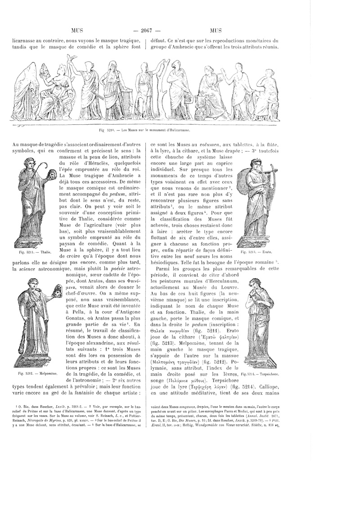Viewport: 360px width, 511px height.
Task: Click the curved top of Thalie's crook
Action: (45, 166)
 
